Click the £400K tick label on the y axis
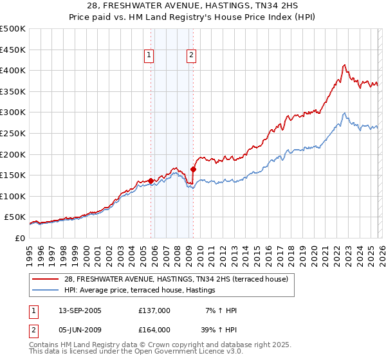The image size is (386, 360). point(13,70)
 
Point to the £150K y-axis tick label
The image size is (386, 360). point(13,175)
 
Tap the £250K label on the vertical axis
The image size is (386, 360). point(13,133)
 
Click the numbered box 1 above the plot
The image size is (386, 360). point(149,55)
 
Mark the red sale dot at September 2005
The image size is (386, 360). point(151,181)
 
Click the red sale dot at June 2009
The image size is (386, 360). point(193,170)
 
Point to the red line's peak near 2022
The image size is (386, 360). point(344,64)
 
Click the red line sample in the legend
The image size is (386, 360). point(46,278)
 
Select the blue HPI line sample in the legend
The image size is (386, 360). point(46,291)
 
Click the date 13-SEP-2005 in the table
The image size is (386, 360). point(78,310)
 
